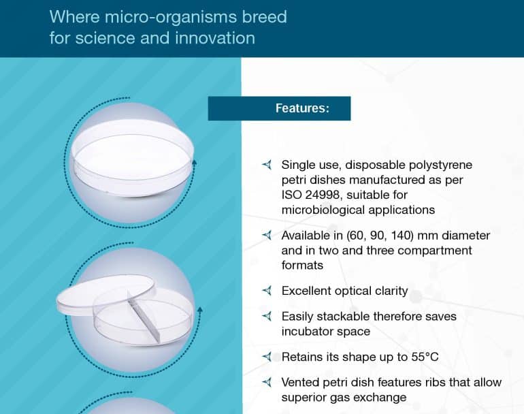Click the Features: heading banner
click(x=279, y=108)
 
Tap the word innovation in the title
click(x=215, y=37)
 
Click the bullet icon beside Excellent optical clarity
click(x=267, y=291)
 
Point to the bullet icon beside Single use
click(x=267, y=165)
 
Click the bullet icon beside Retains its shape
click(x=267, y=357)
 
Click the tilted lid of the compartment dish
click(x=105, y=294)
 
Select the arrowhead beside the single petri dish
click(x=194, y=163)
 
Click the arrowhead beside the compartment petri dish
click(x=200, y=310)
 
